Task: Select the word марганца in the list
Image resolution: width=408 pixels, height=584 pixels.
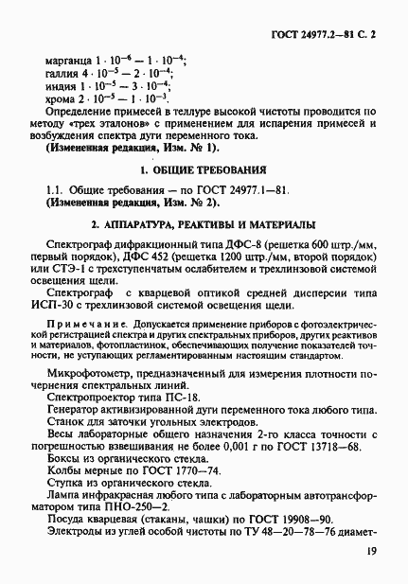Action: coord(67,60)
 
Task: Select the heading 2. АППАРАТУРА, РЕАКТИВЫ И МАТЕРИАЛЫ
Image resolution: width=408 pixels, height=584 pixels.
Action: coord(210,226)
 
